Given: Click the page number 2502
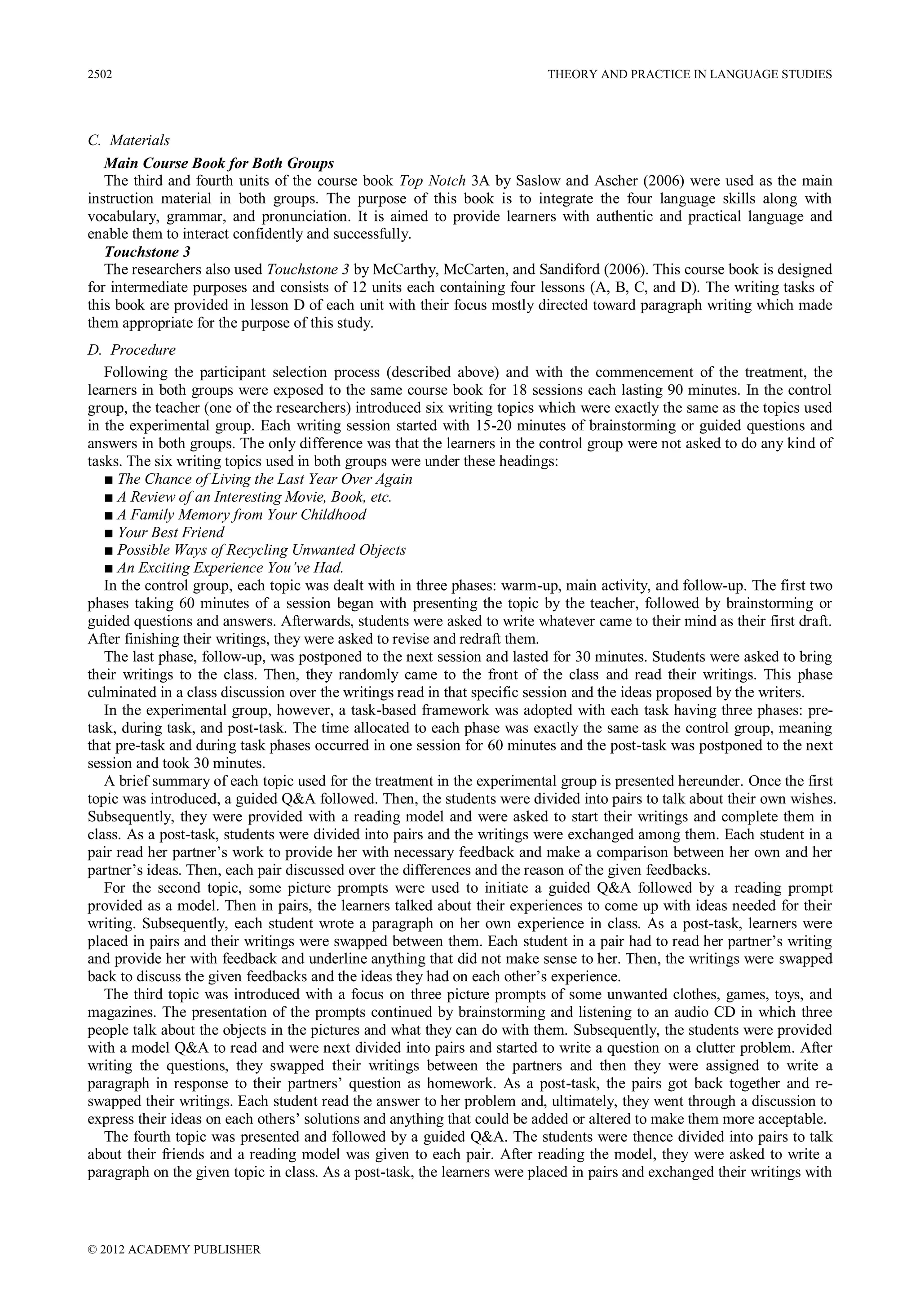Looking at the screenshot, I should (x=100, y=74).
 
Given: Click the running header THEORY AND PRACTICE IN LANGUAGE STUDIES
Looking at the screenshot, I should (x=689, y=74).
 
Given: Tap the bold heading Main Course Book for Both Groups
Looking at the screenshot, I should (x=219, y=164).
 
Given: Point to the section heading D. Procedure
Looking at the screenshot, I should (x=132, y=350).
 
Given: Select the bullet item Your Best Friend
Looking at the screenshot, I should (x=170, y=533).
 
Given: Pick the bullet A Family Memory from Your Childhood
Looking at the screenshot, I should (x=241, y=515).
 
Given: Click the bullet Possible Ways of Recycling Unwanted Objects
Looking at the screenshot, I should (x=261, y=550).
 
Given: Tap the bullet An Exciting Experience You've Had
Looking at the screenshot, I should (x=230, y=568).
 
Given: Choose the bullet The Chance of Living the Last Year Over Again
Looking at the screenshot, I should (x=264, y=479).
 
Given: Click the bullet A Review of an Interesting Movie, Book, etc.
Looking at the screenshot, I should (x=254, y=497).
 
